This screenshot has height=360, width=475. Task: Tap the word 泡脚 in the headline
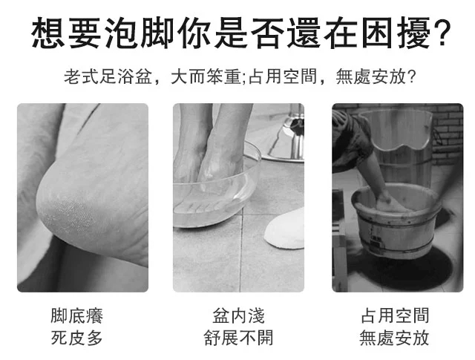click(x=140, y=33)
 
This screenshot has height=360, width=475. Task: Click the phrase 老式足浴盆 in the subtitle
click(x=108, y=76)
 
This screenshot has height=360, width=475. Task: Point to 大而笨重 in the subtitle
click(x=206, y=76)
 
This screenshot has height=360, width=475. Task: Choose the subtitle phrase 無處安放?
click(x=376, y=76)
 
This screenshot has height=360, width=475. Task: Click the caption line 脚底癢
click(x=76, y=315)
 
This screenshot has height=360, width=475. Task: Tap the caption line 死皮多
click(x=76, y=338)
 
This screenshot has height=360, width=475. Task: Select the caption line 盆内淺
click(x=238, y=315)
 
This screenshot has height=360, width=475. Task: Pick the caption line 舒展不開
click(x=238, y=338)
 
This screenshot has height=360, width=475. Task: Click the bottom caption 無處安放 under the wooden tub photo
click(x=394, y=338)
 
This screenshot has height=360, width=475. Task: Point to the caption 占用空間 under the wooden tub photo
click(x=395, y=315)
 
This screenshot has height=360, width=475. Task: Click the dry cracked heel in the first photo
click(x=70, y=206)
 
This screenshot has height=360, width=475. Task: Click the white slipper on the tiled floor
click(x=285, y=229)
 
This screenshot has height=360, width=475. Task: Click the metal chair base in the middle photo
click(x=285, y=137)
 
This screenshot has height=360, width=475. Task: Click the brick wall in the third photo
click(x=448, y=134)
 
